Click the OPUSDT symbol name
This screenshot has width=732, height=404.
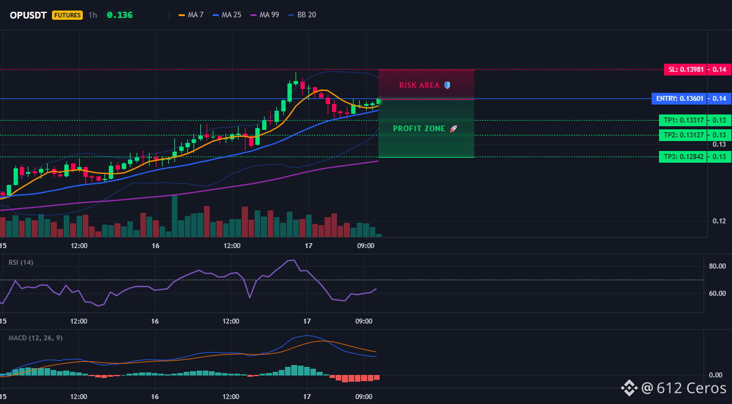pyautogui.click(x=28, y=15)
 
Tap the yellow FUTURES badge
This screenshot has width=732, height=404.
pyautogui.click(x=67, y=15)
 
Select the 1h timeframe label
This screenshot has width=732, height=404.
pyautogui.click(x=93, y=15)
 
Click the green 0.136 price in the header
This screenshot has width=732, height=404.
pyautogui.click(x=119, y=15)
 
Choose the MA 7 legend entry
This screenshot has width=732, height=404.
pyautogui.click(x=191, y=15)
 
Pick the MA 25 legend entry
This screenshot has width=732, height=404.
pyautogui.click(x=227, y=15)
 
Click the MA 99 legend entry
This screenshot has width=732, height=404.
pyautogui.click(x=265, y=15)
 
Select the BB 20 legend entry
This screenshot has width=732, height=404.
pyautogui.click(x=302, y=15)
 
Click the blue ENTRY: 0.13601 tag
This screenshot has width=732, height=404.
pyautogui.click(x=679, y=98)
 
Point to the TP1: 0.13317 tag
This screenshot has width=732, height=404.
pyautogui.click(x=683, y=120)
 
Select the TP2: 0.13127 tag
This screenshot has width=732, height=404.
pyautogui.click(x=683, y=135)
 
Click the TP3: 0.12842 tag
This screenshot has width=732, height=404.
pyautogui.click(x=683, y=157)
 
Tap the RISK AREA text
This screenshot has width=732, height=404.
pyautogui.click(x=419, y=85)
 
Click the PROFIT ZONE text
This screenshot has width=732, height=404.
pyautogui.click(x=419, y=129)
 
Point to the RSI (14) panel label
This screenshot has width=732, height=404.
pyautogui.click(x=21, y=262)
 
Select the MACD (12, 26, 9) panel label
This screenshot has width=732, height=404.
pyautogui.click(x=35, y=338)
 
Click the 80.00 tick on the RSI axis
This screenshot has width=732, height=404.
pyautogui.click(x=717, y=266)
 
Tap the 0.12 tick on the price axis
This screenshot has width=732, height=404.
pyautogui.click(x=720, y=221)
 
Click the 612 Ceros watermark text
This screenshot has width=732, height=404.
pyautogui.click(x=691, y=388)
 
